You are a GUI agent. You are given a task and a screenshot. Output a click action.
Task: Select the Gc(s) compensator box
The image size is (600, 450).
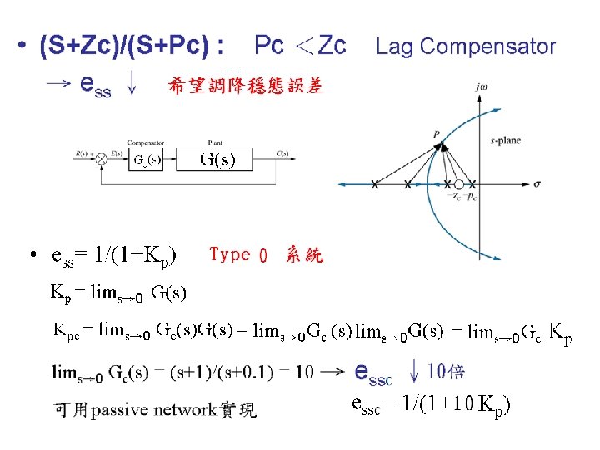[x=147, y=158]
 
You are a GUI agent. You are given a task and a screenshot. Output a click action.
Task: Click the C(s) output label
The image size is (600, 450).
[x=282, y=153]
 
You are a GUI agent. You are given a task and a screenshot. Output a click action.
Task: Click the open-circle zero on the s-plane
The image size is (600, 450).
[x=459, y=183]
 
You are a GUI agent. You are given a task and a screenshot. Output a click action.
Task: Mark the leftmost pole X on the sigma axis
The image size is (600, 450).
[x=374, y=184]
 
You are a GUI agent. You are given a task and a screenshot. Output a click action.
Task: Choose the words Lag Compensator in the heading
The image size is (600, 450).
[x=466, y=47]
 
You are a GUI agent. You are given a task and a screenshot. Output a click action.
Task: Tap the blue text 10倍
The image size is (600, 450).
[x=446, y=370]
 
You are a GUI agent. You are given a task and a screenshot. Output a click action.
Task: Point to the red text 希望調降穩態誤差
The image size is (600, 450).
[x=246, y=86]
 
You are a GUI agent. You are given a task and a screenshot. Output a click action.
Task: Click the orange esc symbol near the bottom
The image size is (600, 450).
[x=372, y=372]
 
